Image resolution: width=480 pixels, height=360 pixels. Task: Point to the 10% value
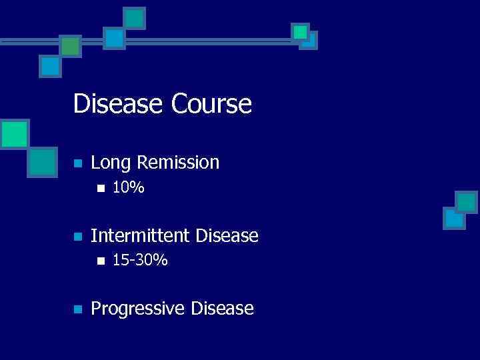128,189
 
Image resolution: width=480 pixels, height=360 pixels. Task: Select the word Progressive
138,309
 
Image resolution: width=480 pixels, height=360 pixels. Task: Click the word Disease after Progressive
222,309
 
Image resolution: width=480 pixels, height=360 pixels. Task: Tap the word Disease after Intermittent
225,235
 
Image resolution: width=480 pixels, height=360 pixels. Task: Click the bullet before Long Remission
77,163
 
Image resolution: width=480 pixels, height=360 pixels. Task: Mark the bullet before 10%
100,189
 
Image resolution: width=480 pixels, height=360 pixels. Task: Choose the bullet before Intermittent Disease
77,237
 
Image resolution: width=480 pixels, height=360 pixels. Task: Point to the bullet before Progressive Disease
77,309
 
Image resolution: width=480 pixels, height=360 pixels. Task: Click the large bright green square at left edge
14,133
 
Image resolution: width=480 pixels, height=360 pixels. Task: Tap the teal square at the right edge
466,202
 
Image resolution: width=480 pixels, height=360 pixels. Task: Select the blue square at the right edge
454,218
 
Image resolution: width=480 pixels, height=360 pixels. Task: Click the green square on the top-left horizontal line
70,46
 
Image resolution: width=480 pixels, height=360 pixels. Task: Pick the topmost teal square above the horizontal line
135,18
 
